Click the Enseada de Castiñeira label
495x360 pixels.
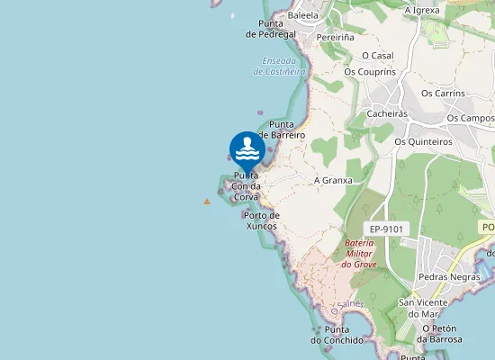click(x=280, y=66)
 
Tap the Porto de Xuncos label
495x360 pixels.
click(x=262, y=220)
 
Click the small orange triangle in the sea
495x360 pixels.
click(x=207, y=202)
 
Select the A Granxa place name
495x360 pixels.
click(x=333, y=180)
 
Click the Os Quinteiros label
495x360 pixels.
click(x=424, y=141)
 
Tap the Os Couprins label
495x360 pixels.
click(x=370, y=72)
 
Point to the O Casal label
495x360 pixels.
click(x=378, y=55)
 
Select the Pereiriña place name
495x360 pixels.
click(x=336, y=38)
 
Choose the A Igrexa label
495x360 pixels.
click(x=422, y=10)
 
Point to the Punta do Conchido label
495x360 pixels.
click(x=337, y=335)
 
